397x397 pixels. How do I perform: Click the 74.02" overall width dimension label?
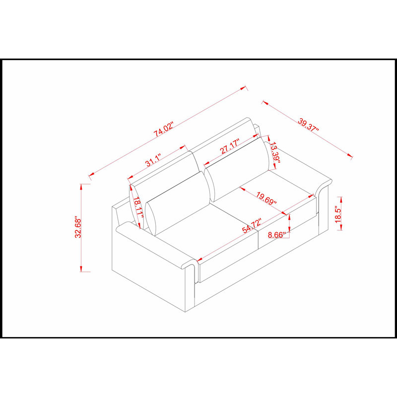click(164, 130)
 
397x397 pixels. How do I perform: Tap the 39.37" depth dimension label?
click(308, 125)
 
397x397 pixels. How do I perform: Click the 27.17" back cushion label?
click(230, 146)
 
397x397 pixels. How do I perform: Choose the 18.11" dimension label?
click(138, 207)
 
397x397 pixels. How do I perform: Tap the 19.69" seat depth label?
click(266, 198)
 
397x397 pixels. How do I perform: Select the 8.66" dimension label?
click(277, 235)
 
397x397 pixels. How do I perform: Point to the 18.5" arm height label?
click(338, 214)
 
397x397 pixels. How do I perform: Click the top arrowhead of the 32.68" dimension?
click(81, 187)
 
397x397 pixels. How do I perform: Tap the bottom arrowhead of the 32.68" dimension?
click(81, 268)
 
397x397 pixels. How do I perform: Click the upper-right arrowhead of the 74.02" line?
click(243, 88)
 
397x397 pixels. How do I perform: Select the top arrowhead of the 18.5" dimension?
click(341, 200)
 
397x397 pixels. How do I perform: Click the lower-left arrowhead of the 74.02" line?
click(91, 175)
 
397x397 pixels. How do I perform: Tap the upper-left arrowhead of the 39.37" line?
click(265, 103)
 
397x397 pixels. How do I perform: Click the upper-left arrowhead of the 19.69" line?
click(242, 189)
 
